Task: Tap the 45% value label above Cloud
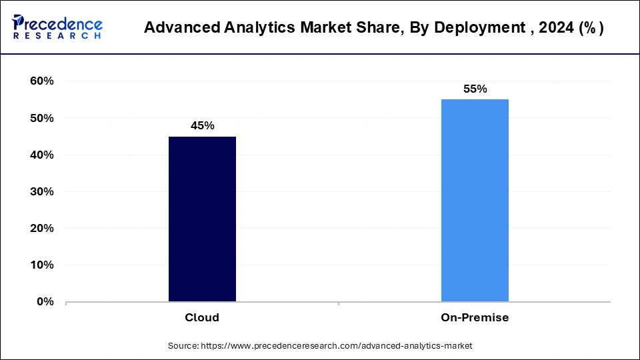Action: (202, 125)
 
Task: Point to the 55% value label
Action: (475, 89)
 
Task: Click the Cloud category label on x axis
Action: (202, 317)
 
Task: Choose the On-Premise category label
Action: (475, 317)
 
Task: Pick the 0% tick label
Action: (44, 301)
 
